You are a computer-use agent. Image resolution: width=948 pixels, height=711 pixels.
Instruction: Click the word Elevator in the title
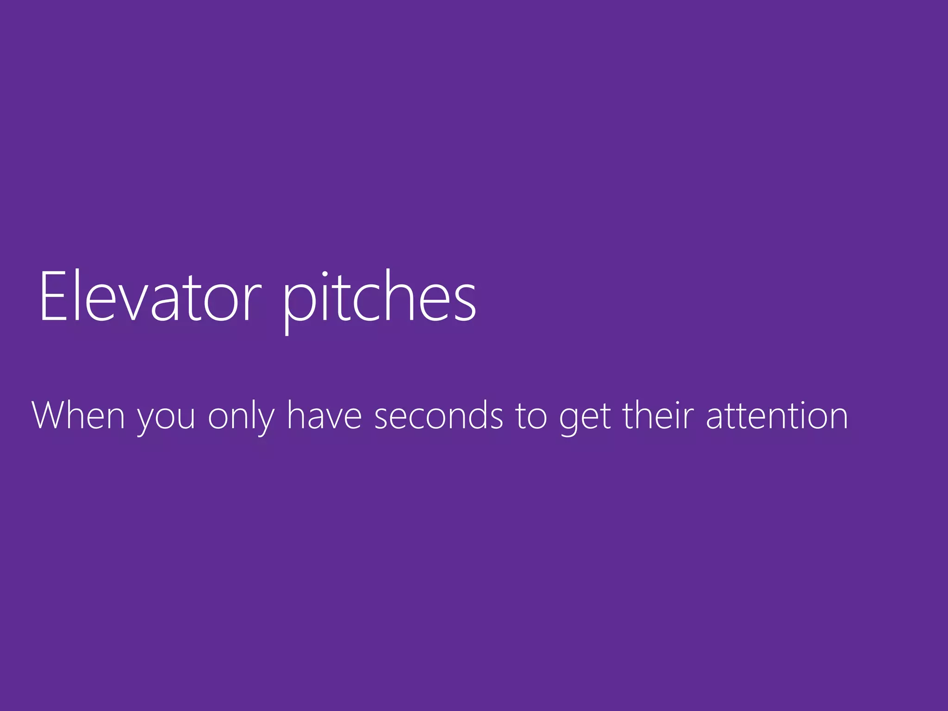(150, 296)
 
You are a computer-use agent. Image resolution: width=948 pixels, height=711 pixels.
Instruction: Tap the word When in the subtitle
(78, 415)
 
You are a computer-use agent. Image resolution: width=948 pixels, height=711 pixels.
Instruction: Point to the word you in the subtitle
(166, 419)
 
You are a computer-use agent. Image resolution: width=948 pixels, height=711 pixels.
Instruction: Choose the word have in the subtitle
(324, 415)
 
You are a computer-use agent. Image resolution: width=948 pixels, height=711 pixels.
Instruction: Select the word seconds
(438, 415)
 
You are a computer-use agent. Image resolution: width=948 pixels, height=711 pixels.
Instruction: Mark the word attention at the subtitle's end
(777, 415)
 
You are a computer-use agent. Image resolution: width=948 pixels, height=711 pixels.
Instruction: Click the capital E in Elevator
(53, 296)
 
